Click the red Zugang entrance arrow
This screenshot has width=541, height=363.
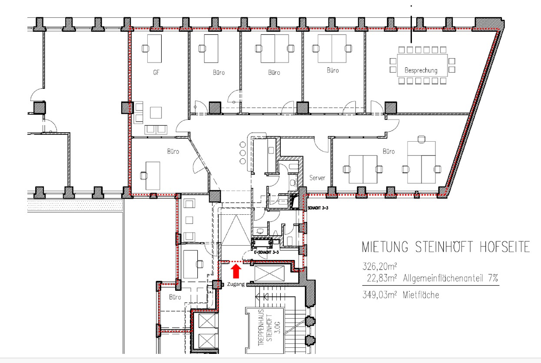[236, 271]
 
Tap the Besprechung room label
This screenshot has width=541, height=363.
[421, 70]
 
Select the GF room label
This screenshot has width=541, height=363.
[156, 72]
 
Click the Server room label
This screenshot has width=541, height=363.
[317, 178]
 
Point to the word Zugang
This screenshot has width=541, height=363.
[236, 284]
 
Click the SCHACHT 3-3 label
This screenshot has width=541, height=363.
[318, 208]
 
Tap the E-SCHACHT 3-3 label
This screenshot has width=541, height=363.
[266, 252]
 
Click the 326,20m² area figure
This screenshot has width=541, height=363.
[379, 266]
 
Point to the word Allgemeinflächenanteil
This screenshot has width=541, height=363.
[443, 278]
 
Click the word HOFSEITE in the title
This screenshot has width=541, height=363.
[504, 247]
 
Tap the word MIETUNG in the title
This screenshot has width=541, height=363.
[385, 247]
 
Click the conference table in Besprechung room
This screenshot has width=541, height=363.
[422, 65]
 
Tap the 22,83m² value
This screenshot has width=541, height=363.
[382, 278]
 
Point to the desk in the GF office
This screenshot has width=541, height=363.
[154, 49]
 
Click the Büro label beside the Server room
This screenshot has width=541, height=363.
[388, 152]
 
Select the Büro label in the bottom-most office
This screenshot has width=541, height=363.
[175, 297]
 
